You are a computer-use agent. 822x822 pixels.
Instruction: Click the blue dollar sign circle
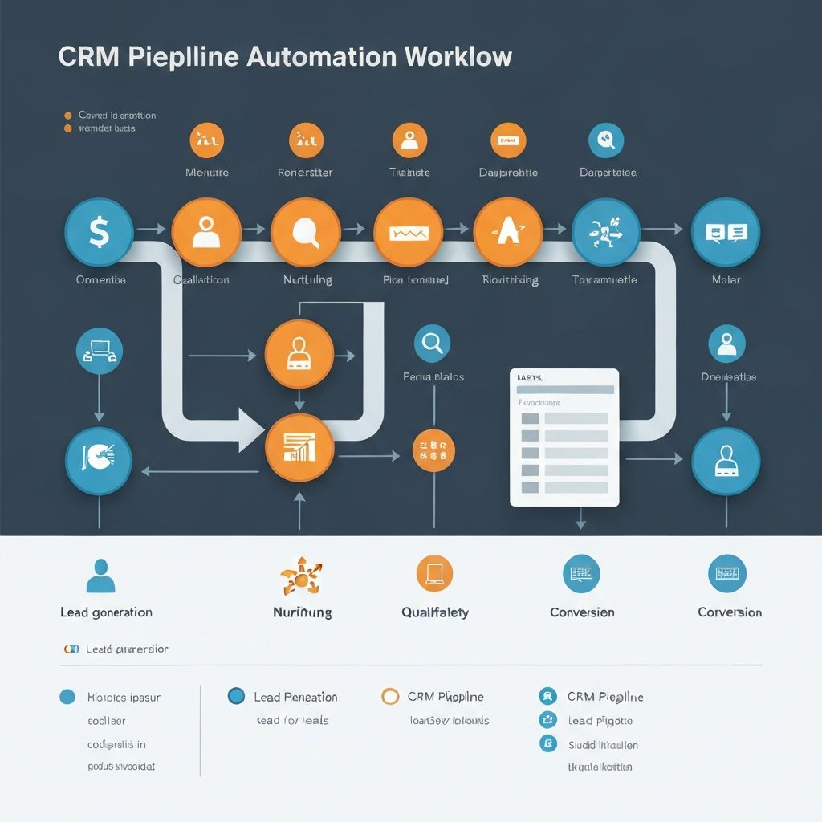pos(99,232)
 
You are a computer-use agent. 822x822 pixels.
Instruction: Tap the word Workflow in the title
pos(458,57)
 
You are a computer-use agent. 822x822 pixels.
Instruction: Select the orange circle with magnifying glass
pos(306,232)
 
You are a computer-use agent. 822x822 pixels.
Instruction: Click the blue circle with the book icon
pos(726,232)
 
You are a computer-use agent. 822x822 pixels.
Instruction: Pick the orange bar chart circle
pos(299,447)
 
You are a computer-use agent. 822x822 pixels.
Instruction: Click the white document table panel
pos(564,437)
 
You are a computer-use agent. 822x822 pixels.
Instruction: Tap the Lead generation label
pos(106,612)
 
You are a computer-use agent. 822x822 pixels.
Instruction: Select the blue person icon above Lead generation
pos(100,576)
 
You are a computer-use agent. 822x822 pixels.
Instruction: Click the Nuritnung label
pos(302,612)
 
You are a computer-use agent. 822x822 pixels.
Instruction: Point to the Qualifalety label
pos(434,612)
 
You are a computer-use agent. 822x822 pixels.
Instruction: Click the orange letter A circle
pos(508,232)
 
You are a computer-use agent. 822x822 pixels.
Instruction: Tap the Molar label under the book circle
pos(726,280)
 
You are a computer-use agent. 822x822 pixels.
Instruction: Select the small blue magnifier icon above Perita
pos(432,343)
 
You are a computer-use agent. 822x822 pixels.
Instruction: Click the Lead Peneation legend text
pos(295,697)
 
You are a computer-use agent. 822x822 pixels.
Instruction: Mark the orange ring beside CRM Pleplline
pos(390,696)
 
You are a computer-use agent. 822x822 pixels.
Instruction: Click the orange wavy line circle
pos(409,232)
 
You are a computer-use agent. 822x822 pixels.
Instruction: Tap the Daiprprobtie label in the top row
pos(508,173)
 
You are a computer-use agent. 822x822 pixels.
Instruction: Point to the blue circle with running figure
pos(606,232)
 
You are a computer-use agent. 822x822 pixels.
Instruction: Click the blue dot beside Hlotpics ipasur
pos(67,697)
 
